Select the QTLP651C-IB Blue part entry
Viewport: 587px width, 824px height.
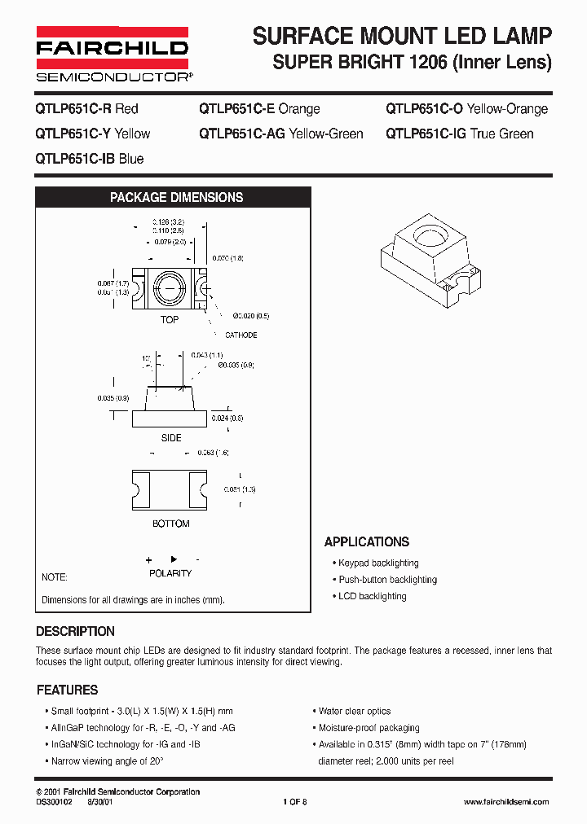[x=90, y=159]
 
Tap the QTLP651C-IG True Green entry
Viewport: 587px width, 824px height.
[x=460, y=134]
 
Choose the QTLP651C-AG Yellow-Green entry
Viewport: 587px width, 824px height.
[x=281, y=134]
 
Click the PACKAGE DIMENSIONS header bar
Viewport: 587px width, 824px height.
[x=176, y=197]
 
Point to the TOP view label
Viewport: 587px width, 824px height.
[x=170, y=320]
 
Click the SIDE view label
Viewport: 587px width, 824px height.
[x=171, y=438]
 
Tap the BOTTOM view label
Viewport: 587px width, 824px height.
[x=171, y=524]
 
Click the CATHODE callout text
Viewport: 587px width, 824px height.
[x=241, y=335]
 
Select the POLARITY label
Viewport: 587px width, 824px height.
[x=170, y=573]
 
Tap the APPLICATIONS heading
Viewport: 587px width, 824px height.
[x=367, y=542]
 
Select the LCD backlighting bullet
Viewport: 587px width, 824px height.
[x=372, y=596]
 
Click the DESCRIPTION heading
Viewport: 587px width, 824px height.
[x=75, y=631]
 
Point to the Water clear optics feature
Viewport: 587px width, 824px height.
[x=355, y=711]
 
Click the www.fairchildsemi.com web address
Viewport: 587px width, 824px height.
[x=505, y=802]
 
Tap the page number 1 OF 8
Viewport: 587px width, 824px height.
[x=294, y=802]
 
